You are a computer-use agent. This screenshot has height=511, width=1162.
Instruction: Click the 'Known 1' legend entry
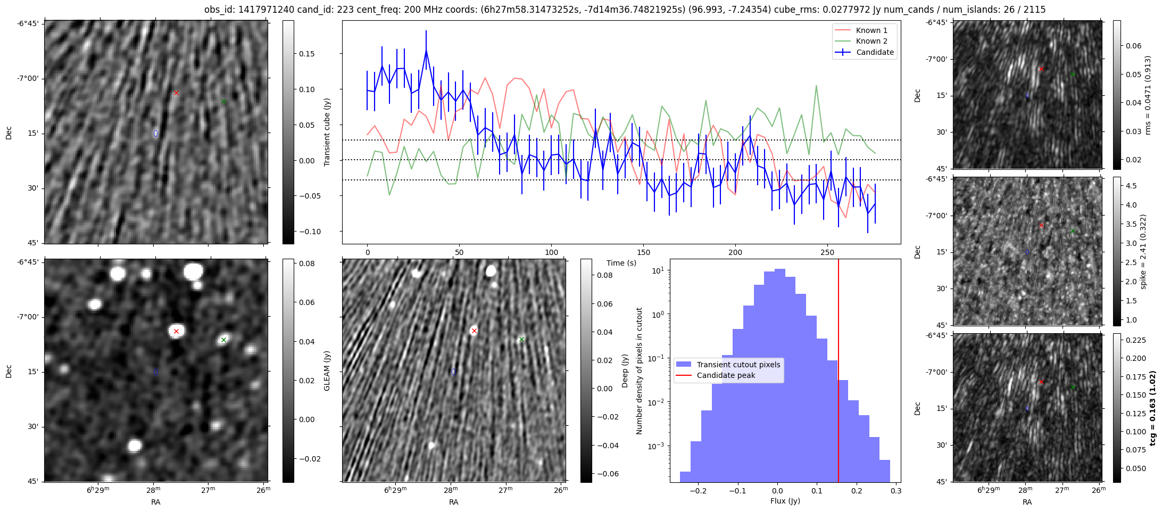tap(871, 30)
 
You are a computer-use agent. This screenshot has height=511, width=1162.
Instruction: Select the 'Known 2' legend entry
tap(871, 41)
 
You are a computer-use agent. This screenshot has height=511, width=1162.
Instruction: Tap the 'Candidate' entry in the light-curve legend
tap(875, 52)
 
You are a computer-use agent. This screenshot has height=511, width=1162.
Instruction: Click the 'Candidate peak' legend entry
tap(726, 375)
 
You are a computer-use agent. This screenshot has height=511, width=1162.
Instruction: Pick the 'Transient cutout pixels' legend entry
tap(738, 365)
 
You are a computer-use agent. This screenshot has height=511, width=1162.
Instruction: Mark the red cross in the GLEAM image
tap(176, 331)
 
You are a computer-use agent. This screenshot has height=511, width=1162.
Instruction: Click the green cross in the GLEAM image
tap(224, 340)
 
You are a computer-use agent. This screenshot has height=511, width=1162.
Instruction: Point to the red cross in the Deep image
tap(474, 331)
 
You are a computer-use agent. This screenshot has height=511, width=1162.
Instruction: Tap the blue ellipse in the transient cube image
tap(156, 133)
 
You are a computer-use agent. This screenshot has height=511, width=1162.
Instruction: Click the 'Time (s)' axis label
tap(621, 263)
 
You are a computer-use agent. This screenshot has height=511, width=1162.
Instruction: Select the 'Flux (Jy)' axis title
tap(785, 501)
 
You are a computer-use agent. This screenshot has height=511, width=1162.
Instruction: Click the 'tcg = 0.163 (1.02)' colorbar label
tap(1152, 408)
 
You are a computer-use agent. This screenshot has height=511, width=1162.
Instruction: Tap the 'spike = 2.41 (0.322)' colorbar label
tap(1143, 251)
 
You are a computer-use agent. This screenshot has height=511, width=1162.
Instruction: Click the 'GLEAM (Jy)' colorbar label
tap(327, 370)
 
